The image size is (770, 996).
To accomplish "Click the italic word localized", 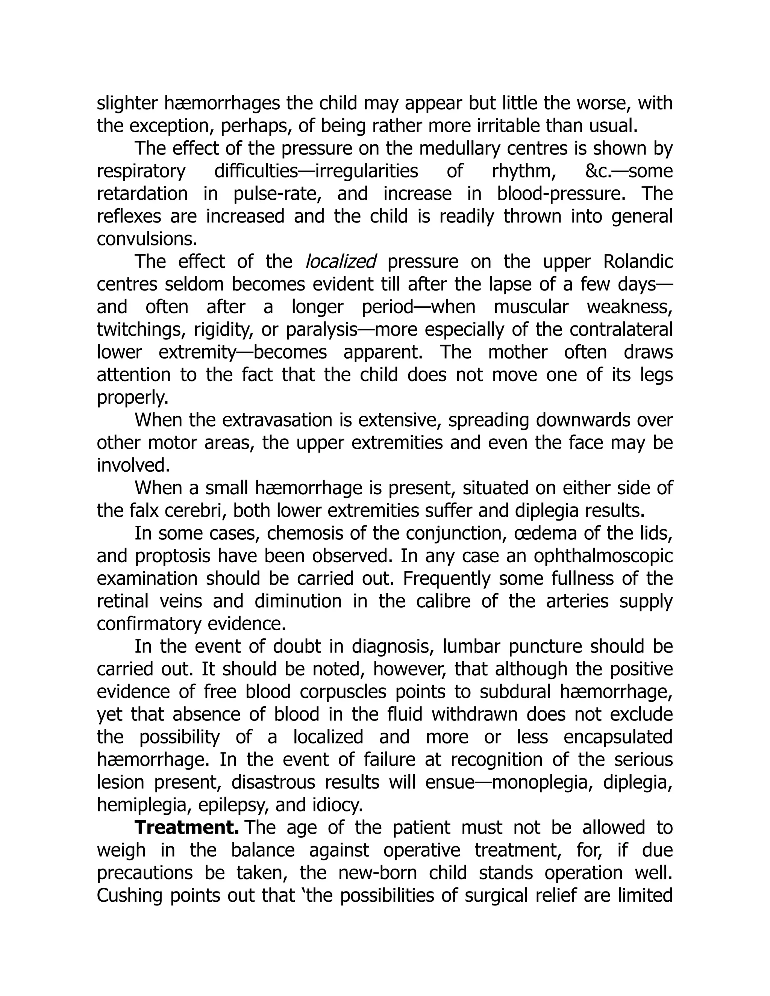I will click(x=340, y=262).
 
